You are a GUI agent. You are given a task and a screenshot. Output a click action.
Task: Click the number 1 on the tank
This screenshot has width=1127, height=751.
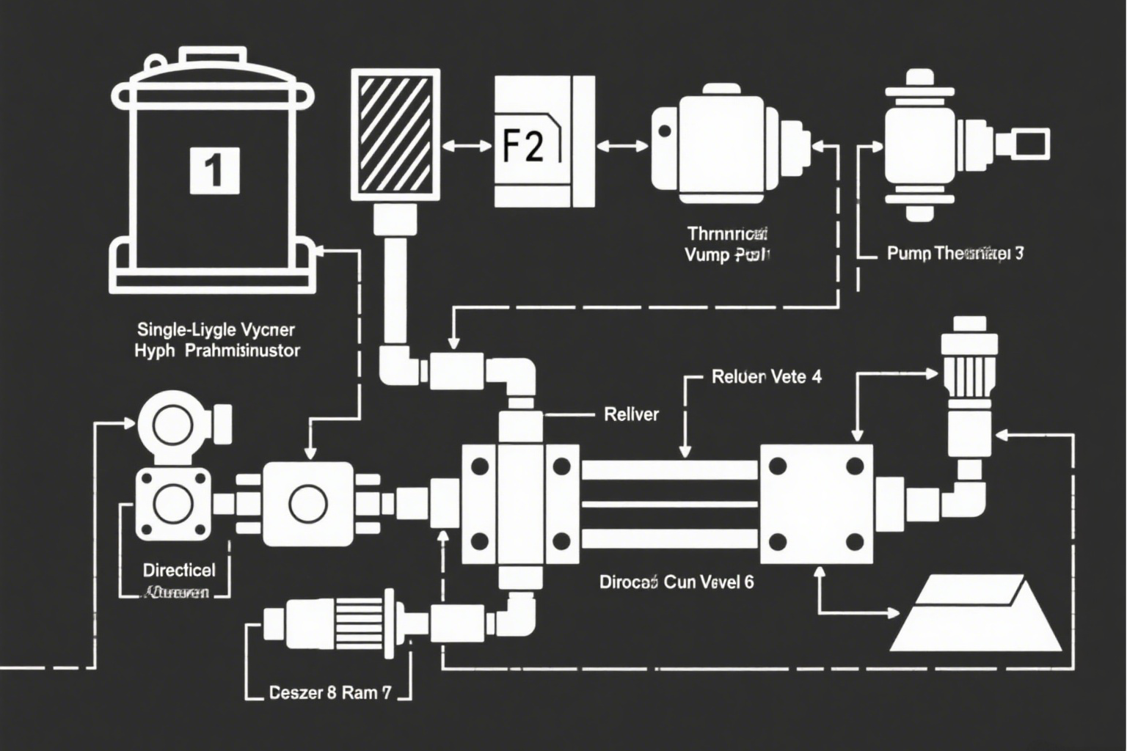point(214,170)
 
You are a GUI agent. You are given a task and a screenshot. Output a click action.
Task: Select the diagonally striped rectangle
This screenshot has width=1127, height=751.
point(396,133)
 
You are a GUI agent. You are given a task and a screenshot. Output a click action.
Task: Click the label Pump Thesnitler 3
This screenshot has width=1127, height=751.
point(955,254)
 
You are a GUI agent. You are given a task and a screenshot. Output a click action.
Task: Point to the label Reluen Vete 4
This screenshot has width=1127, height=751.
point(766,378)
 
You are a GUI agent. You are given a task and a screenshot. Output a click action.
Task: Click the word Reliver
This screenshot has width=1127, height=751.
point(631,414)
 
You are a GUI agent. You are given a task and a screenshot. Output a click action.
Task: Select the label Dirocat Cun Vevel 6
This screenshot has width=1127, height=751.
point(676,582)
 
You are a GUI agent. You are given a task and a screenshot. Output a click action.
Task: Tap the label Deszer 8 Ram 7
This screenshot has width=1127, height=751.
point(329,692)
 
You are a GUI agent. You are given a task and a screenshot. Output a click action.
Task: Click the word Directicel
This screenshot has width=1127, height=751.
point(179,570)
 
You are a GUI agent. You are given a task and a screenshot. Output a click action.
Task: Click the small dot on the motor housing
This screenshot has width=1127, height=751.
point(665,132)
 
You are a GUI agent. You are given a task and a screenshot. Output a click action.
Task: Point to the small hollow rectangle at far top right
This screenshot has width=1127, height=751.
point(1032,142)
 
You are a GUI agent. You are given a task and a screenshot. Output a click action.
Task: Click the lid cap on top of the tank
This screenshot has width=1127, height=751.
point(215,56)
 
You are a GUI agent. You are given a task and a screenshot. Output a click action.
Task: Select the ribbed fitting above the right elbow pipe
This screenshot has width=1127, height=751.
point(969,367)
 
